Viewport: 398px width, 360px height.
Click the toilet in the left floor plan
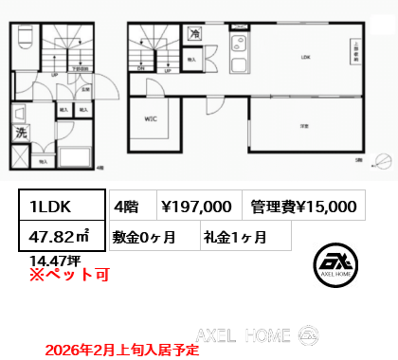pyautogui.click(x=26, y=38)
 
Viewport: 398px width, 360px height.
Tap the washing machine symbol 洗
pyautogui.click(x=21, y=134)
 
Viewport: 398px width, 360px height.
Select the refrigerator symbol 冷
pyautogui.click(x=192, y=33)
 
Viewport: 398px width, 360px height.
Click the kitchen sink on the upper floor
pyautogui.click(x=238, y=45)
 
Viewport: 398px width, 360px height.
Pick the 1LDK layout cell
pyautogui.click(x=59, y=205)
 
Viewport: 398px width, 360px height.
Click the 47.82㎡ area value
pyautogui.click(x=59, y=235)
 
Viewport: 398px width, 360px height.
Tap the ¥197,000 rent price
pyautogui.click(x=196, y=205)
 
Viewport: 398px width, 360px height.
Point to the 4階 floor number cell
pyautogui.click(x=127, y=205)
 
